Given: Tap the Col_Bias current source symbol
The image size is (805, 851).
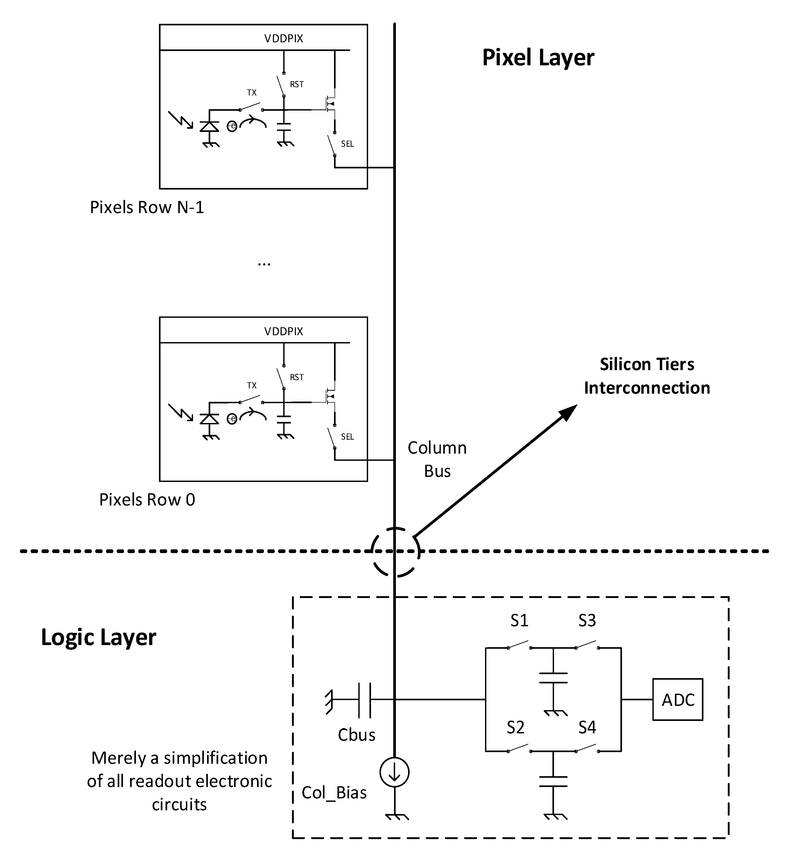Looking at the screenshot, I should coord(394,772).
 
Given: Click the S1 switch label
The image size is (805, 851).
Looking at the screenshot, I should coord(519,621).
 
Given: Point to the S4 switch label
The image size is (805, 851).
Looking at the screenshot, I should coord(587,728).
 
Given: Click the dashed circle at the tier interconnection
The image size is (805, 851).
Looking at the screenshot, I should coord(395,552).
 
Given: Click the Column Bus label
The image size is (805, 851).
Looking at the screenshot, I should coord(437,459).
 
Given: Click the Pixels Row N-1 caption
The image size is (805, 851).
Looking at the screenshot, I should coord(147,207).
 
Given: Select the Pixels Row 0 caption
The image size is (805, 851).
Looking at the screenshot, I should coord(147,500).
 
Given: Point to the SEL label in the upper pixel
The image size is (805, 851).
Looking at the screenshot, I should coord(347,144).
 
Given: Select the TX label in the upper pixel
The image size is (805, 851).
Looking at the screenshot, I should coord(251,93).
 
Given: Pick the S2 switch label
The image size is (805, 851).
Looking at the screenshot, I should coord(515,728).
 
